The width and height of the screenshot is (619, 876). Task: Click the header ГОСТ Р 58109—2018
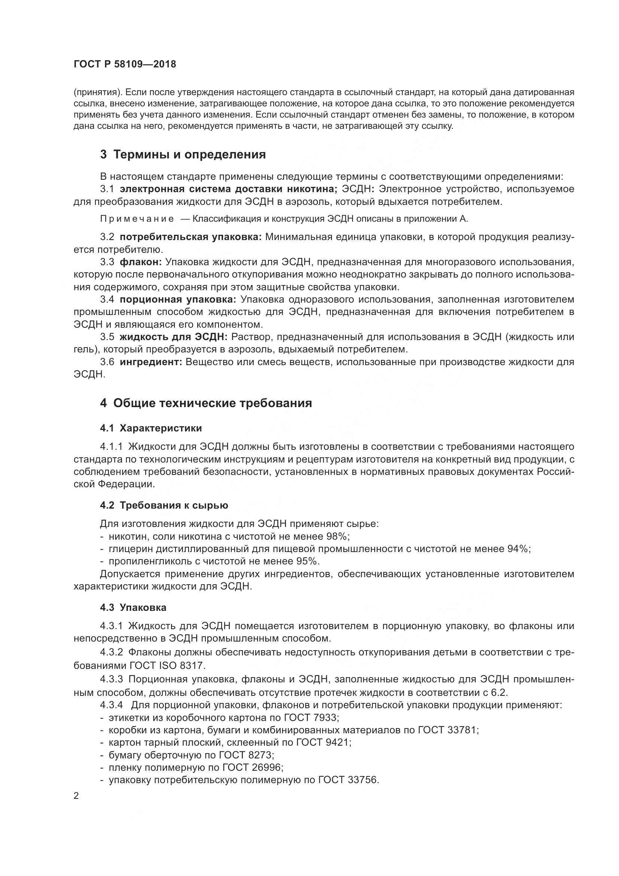click(x=125, y=64)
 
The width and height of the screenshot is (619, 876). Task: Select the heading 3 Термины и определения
click(x=183, y=155)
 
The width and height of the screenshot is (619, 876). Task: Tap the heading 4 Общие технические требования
click(x=206, y=403)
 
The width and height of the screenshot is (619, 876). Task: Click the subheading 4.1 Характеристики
click(x=150, y=428)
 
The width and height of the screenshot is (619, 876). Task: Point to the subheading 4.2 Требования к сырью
click(x=164, y=505)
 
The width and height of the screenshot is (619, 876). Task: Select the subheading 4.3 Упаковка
click(x=133, y=607)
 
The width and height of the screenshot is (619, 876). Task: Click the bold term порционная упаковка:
click(x=178, y=299)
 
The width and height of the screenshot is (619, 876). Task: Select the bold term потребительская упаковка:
click(x=190, y=237)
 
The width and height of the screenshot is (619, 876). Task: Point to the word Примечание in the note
click(x=137, y=219)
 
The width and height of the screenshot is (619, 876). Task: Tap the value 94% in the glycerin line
click(x=519, y=549)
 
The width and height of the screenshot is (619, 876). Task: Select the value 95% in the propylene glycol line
click(x=308, y=561)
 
